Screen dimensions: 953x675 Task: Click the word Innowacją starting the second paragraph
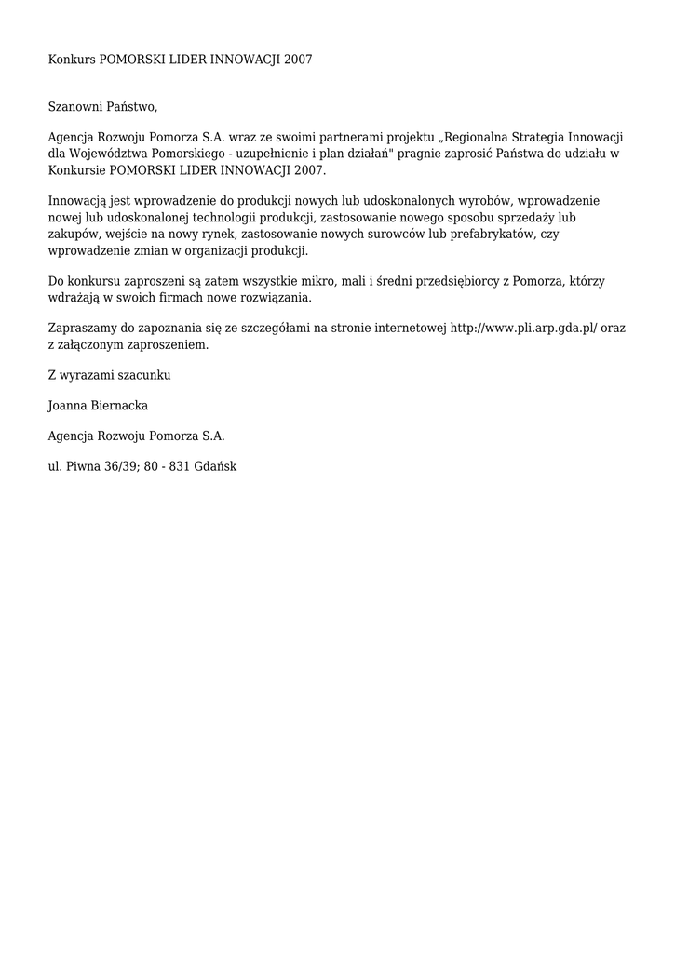point(77,201)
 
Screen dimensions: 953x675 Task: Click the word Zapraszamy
point(83,328)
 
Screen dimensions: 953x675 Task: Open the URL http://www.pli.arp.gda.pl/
point(523,328)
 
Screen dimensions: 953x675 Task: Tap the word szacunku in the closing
point(145,375)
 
